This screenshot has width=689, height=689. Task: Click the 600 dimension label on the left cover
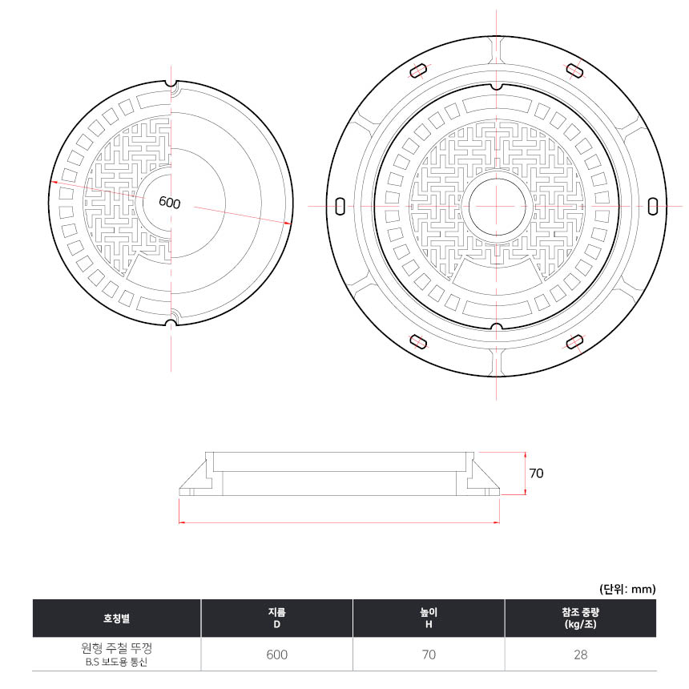click(x=170, y=203)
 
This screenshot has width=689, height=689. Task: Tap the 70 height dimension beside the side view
click(x=536, y=473)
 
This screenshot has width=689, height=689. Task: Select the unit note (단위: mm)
click(x=627, y=589)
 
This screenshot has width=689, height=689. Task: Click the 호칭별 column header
click(x=116, y=618)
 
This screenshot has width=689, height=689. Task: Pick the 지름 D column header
click(x=277, y=618)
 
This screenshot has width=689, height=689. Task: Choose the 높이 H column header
click(x=429, y=618)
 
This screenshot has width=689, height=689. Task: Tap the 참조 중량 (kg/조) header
click(x=581, y=618)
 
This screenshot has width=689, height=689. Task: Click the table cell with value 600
click(x=277, y=655)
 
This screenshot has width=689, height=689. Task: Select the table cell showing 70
click(x=429, y=655)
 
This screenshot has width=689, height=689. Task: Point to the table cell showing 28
click(x=581, y=655)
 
